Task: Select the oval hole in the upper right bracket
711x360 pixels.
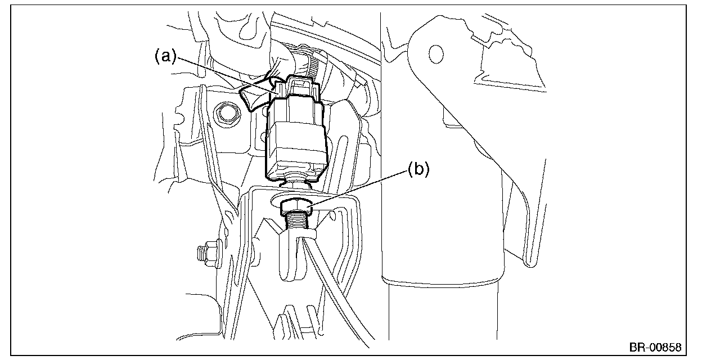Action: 434,53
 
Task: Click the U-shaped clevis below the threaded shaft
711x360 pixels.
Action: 291,256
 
